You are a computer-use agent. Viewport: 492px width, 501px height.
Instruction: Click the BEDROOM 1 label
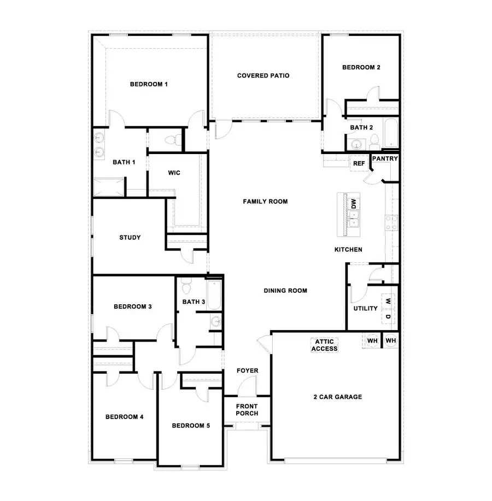148,84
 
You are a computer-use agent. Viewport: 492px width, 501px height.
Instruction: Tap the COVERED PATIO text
263,75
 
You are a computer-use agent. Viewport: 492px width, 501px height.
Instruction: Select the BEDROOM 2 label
361,68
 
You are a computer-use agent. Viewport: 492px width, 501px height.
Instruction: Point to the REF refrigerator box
359,163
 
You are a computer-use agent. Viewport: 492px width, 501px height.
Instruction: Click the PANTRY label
385,159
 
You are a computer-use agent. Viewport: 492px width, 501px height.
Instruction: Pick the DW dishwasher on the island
354,204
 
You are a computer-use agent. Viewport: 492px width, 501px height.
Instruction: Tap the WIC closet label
174,173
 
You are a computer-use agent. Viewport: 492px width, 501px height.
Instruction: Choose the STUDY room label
130,238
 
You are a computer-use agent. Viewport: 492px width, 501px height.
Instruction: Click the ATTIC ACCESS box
324,345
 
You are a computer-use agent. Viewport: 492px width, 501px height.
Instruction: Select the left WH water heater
372,340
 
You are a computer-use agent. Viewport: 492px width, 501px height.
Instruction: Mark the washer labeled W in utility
388,300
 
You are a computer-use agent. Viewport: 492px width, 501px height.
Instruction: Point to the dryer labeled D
388,317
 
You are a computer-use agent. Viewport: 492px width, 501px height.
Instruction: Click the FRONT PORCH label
247,410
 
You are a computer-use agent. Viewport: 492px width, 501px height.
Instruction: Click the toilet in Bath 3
186,286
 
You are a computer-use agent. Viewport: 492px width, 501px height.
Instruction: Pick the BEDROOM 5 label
191,426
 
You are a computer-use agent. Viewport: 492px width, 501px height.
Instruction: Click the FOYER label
247,371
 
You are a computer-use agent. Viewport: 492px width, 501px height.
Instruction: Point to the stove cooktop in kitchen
391,221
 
